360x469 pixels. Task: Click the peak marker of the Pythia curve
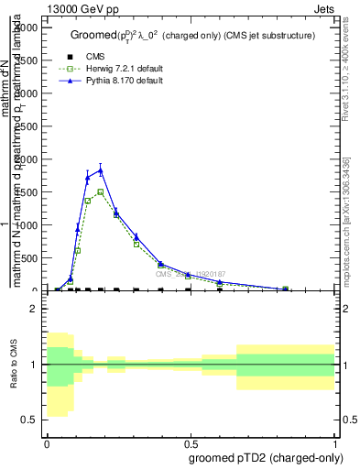point(101,170)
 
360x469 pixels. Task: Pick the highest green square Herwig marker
point(101,191)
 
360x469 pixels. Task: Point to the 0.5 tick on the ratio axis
point(27,420)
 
